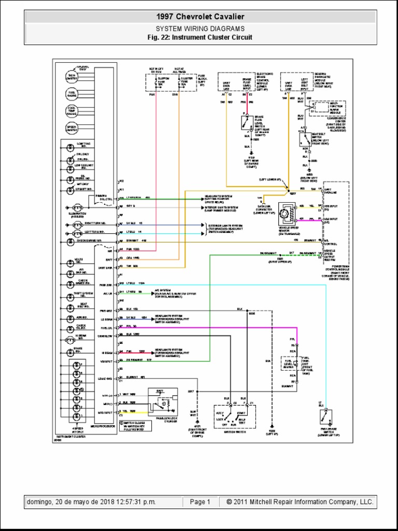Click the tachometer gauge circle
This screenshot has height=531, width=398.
[71, 77]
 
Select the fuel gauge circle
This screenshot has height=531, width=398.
[71, 94]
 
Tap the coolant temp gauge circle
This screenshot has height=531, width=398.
[71, 111]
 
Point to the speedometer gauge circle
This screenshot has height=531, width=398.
[71, 128]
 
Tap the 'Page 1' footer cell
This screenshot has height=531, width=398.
[200, 502]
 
